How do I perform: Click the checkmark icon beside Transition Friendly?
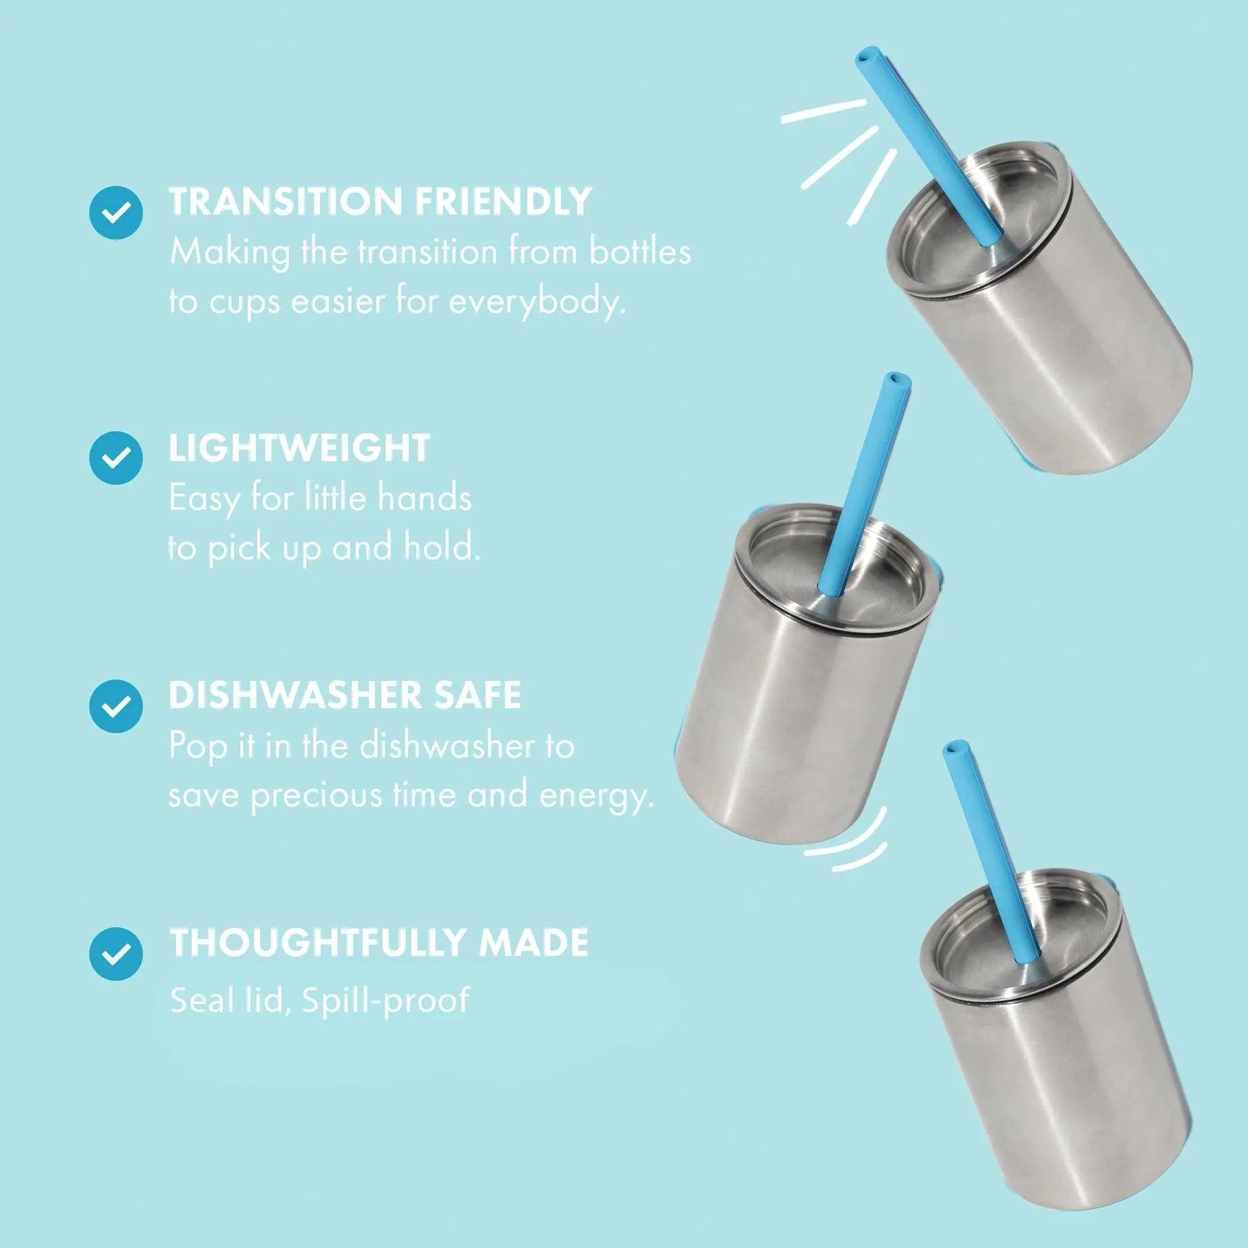(x=115, y=213)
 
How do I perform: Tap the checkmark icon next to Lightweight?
(x=115, y=457)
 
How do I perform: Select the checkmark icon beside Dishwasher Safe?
(x=115, y=705)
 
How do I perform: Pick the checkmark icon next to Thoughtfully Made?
(x=115, y=953)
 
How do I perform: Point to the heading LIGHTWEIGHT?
(x=299, y=447)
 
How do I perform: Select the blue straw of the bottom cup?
(x=992, y=865)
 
